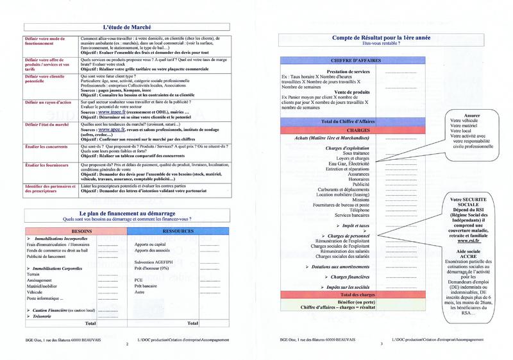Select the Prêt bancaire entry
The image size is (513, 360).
146,284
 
